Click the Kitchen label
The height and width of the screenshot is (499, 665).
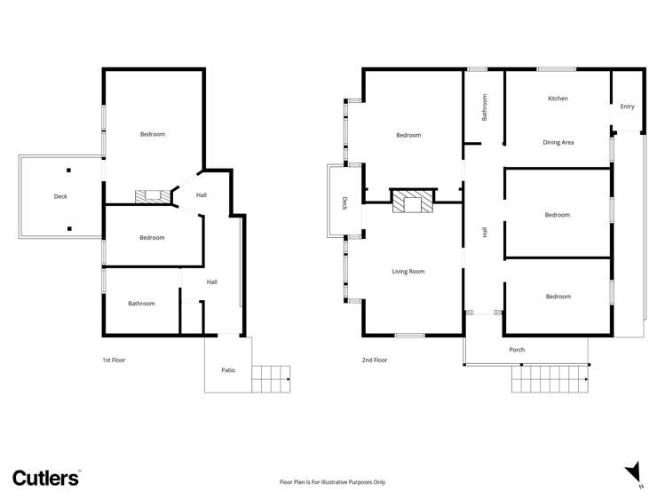pos(558,99)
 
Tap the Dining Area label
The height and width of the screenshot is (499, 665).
pos(558,142)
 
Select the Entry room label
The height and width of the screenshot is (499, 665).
pos(628,107)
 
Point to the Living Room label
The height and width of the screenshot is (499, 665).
pos(408,272)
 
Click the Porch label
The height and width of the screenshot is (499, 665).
pos(517,350)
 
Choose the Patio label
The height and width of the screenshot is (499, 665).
pos(228,370)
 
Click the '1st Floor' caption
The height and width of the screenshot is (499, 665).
pos(115,360)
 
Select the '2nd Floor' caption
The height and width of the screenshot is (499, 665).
pos(375,360)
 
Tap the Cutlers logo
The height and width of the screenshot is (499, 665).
pos(46,478)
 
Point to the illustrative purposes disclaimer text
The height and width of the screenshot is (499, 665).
pos(332,482)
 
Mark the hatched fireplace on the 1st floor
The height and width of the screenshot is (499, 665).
pos(148,195)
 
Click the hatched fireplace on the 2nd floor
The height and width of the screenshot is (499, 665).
pos(412,202)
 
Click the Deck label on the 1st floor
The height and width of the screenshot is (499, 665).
pos(60,197)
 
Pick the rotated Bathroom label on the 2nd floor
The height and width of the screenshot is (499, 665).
pos(485,108)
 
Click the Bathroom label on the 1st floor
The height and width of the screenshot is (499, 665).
pos(141,304)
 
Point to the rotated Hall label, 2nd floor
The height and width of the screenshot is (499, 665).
pos(485,232)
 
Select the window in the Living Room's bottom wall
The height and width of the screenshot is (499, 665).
pos(409,336)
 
